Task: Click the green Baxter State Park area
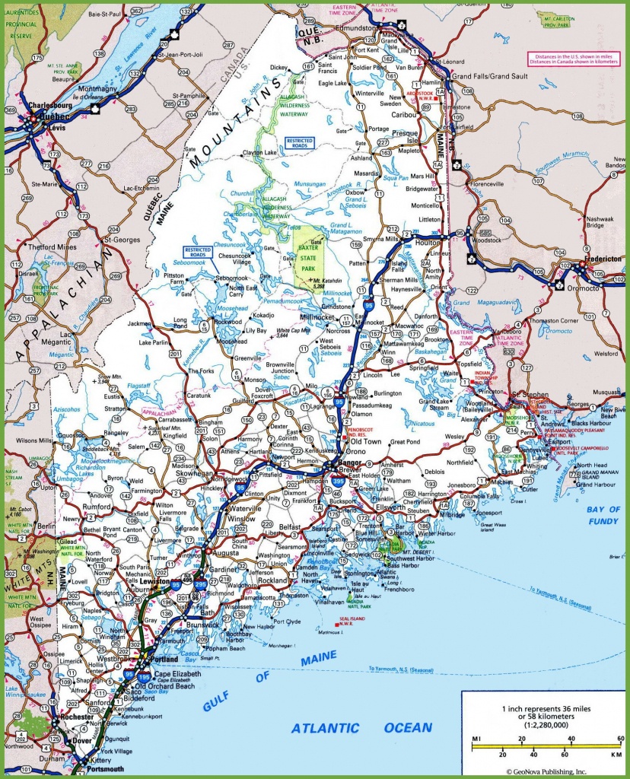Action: [x=307, y=255]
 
